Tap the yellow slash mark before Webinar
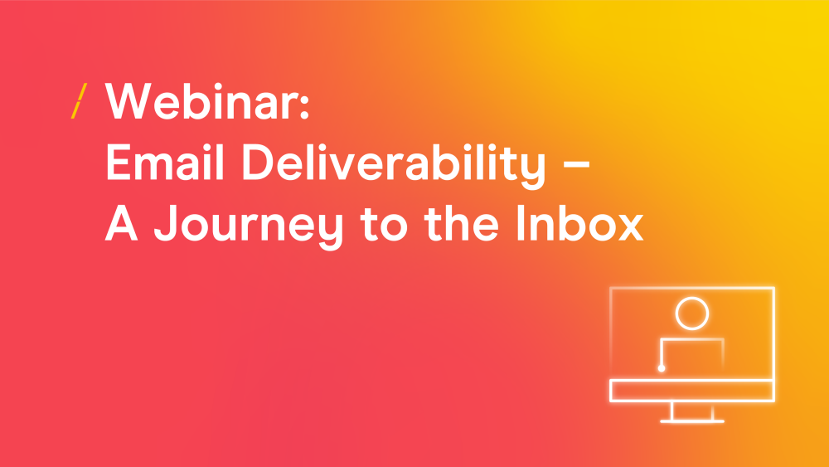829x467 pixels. pyautogui.click(x=80, y=100)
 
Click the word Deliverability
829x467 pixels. pyautogui.click(x=393, y=166)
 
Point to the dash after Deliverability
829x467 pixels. pyautogui.click(x=576, y=165)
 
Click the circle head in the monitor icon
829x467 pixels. pyautogui.click(x=692, y=314)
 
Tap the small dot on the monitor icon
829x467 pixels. pyautogui.click(x=662, y=368)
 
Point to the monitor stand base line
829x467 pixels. pyautogui.click(x=692, y=421)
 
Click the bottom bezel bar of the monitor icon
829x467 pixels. pyautogui.click(x=692, y=391)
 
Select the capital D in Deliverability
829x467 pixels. pyautogui.click(x=258, y=163)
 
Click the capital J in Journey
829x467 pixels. pyautogui.click(x=165, y=223)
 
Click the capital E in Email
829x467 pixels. pyautogui.click(x=118, y=163)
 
